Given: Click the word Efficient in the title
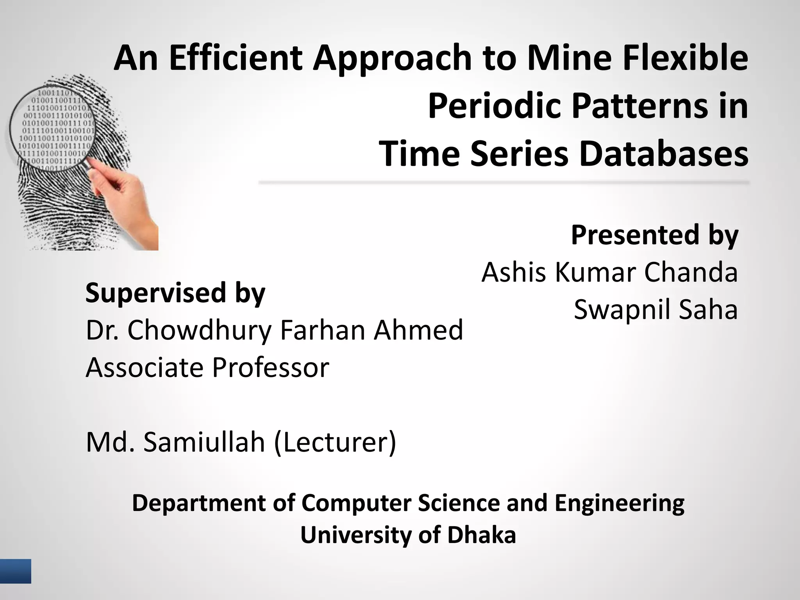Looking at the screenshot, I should [x=236, y=59].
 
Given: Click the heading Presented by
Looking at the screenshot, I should [x=654, y=235].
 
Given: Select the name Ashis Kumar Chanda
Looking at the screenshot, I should [x=609, y=272].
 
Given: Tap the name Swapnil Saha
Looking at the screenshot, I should [x=655, y=309].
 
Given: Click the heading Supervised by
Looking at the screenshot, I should [x=175, y=293].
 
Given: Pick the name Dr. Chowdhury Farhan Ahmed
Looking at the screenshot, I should [x=274, y=330].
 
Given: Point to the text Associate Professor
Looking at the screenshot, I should [x=207, y=368].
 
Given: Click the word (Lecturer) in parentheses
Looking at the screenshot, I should [x=335, y=443].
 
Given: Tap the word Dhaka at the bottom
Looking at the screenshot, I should [x=481, y=535].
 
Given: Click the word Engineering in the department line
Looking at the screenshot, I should [x=619, y=503].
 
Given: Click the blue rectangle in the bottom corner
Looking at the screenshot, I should [x=15, y=571].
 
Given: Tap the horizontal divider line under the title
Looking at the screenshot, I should [x=504, y=182].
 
